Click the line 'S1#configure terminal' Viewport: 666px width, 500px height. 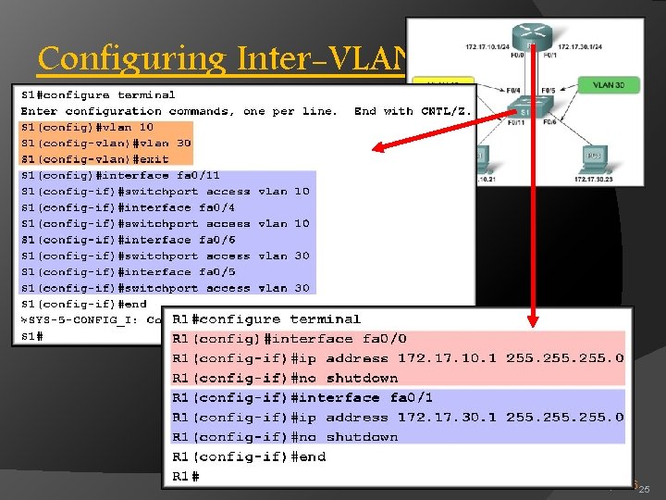98,94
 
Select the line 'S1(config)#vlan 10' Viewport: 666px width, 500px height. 87,127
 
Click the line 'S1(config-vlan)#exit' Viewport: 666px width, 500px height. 94,159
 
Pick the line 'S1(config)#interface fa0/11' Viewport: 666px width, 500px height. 120,175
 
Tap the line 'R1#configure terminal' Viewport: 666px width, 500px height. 266,319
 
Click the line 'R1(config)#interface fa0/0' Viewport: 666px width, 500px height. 290,339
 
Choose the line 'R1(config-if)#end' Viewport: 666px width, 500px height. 249,456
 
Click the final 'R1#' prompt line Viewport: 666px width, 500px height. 186,476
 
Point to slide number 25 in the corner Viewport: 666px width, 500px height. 645,489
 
